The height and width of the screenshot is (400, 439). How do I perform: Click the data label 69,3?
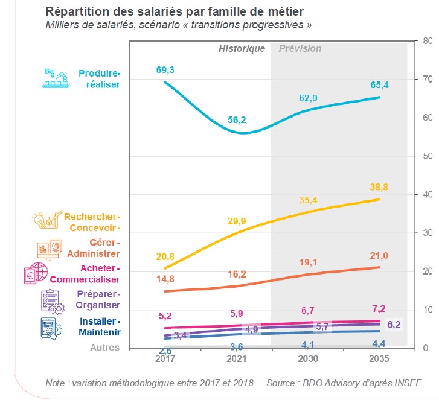[165, 71]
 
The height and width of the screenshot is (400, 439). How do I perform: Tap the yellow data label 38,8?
[379, 188]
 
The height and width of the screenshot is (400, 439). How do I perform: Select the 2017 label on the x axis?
[165, 358]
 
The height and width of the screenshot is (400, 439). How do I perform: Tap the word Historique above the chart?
[242, 48]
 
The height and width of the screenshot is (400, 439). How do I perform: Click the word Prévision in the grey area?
[300, 48]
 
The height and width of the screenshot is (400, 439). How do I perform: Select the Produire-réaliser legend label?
[100, 79]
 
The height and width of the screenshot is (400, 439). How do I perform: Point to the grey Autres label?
[106, 348]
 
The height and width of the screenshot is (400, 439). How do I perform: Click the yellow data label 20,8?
[165, 241]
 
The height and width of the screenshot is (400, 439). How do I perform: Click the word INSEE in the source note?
[408, 383]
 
